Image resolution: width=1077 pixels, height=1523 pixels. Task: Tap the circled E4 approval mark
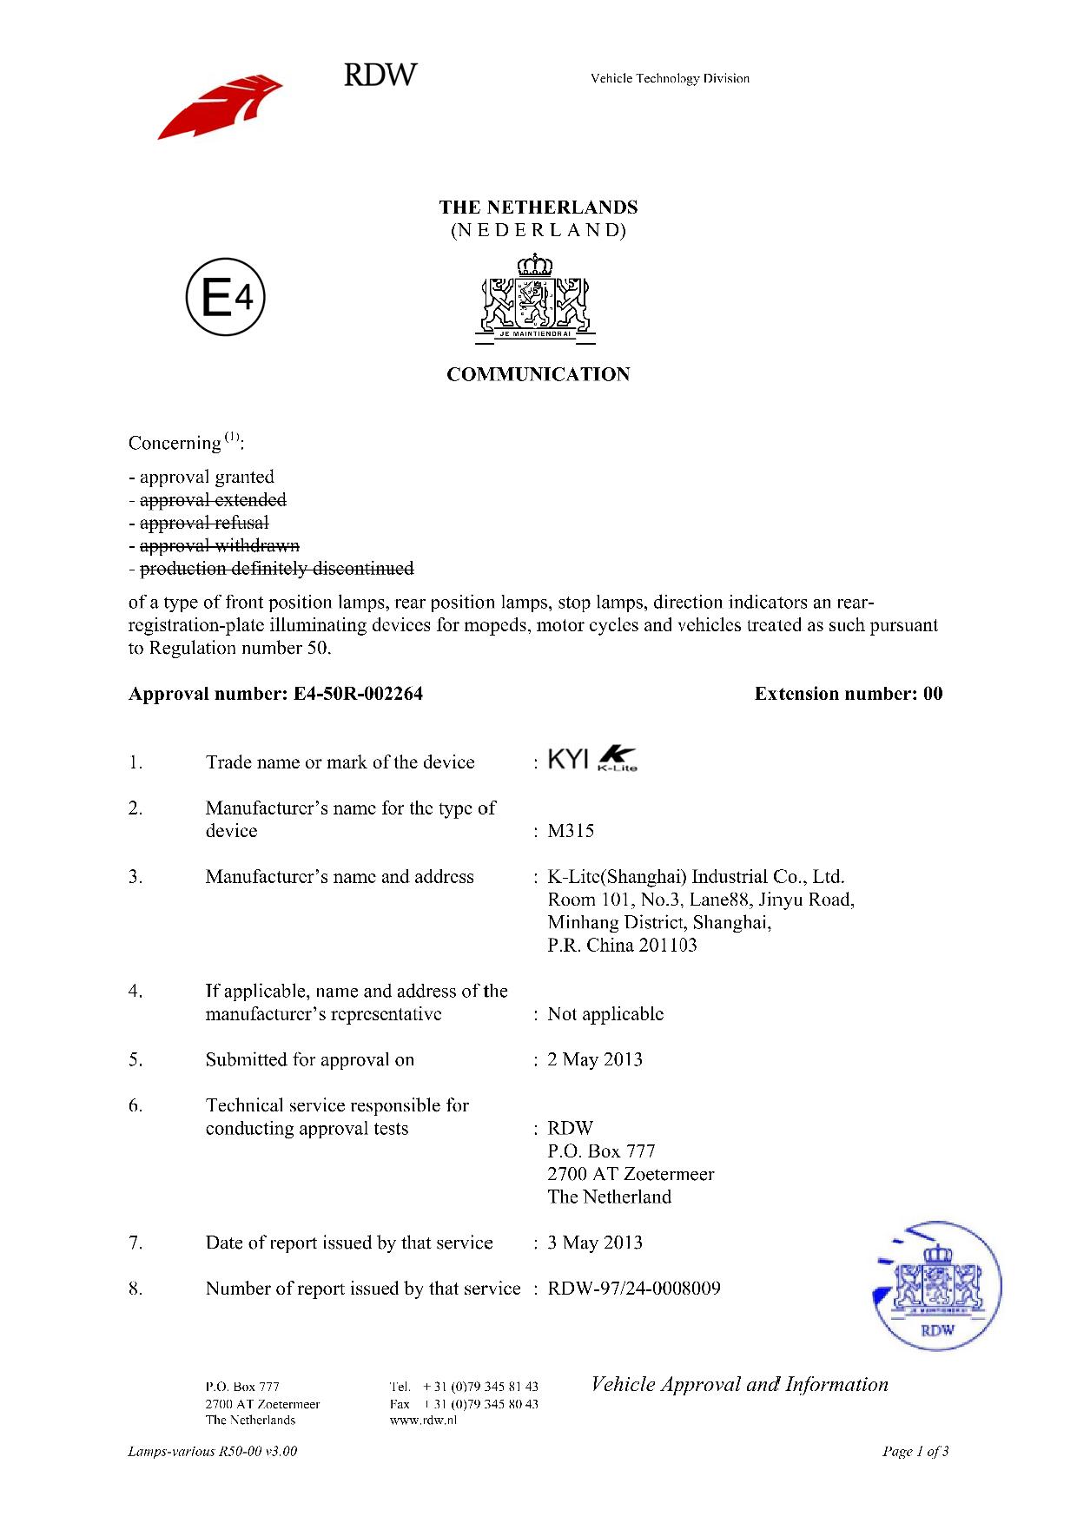click(x=225, y=300)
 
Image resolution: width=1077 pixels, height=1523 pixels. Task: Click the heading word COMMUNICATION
click(x=538, y=375)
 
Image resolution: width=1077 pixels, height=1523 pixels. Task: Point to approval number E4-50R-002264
click(x=353, y=694)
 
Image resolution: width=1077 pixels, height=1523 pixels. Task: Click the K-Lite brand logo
click(x=618, y=760)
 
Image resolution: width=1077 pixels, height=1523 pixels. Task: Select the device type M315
click(x=571, y=831)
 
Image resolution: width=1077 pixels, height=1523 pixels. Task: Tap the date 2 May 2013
click(x=595, y=1059)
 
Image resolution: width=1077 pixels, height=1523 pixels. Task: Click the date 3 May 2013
click(x=595, y=1243)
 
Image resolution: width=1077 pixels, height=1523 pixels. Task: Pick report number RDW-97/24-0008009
click(x=634, y=1289)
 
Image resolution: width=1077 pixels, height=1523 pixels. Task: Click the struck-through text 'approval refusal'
click(x=204, y=523)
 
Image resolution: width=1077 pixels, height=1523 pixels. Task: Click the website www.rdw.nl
click(x=423, y=1421)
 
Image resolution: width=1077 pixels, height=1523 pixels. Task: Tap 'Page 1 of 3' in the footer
click(x=915, y=1451)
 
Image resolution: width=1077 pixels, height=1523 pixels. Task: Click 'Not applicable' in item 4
click(x=605, y=1014)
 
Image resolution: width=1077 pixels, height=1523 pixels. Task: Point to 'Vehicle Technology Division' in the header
click(x=670, y=79)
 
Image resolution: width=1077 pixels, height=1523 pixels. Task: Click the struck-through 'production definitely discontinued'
click(x=276, y=569)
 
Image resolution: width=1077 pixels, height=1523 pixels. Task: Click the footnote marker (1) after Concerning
click(x=232, y=436)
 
